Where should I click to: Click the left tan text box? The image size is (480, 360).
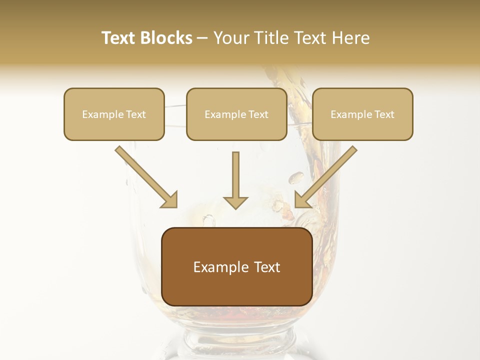click(114, 114)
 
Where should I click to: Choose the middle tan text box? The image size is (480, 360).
click(236, 114)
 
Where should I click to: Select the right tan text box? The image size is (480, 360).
click(362, 114)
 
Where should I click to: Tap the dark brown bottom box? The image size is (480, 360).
click(236, 267)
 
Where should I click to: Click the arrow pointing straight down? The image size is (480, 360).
click(235, 177)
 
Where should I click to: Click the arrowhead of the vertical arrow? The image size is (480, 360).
click(235, 202)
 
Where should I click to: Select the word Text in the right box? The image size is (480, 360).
click(383, 114)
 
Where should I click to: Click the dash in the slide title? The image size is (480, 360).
click(202, 38)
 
